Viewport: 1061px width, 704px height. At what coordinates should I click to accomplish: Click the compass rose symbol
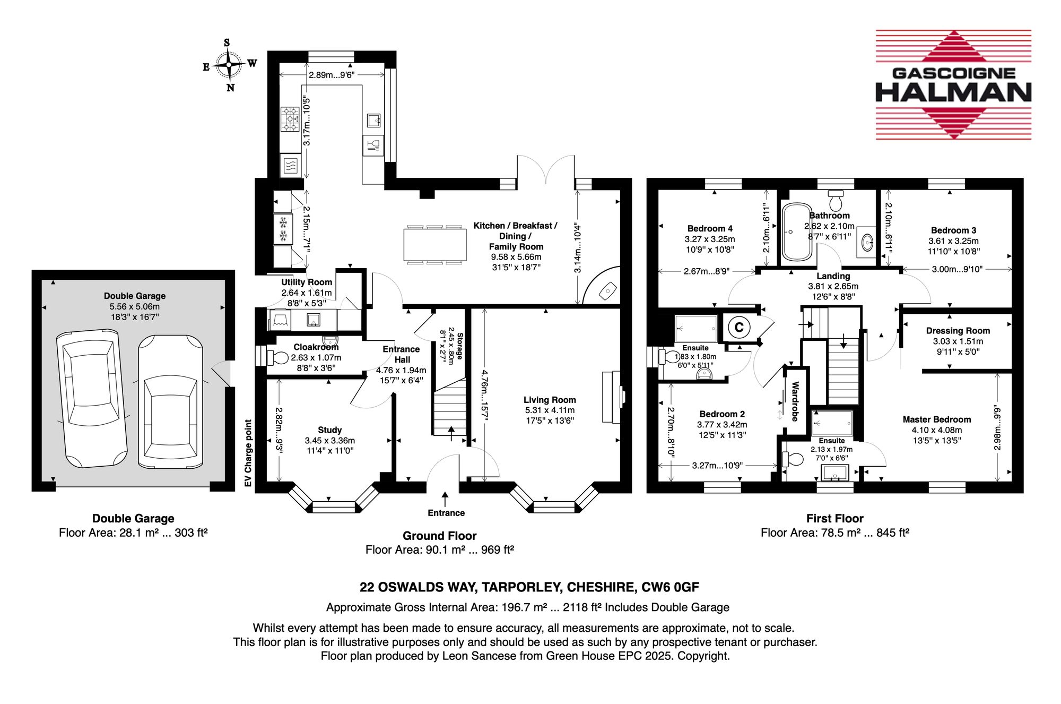(x=229, y=65)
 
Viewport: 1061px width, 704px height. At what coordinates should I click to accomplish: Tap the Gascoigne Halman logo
(x=953, y=85)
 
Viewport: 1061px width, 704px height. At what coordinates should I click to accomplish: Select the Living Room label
(x=550, y=400)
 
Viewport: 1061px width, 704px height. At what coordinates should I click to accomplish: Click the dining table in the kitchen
(x=435, y=244)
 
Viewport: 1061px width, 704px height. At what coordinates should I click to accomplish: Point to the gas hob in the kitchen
(x=290, y=119)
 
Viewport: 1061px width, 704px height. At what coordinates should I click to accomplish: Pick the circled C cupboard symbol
(x=739, y=328)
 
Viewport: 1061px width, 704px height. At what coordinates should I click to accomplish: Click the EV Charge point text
(x=248, y=453)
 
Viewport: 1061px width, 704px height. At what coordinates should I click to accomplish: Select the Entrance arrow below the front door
(x=445, y=499)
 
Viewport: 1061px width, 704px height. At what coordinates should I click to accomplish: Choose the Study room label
(x=329, y=430)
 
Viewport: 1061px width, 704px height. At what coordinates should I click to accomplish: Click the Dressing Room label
(x=958, y=331)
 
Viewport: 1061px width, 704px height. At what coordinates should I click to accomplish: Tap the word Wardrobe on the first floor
(x=795, y=401)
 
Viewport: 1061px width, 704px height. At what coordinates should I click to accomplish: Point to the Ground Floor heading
(x=439, y=536)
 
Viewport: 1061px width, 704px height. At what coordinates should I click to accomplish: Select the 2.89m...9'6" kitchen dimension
(x=332, y=75)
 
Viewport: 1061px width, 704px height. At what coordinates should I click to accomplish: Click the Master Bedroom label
(x=937, y=419)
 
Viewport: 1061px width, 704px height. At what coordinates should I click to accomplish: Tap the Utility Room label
(x=307, y=282)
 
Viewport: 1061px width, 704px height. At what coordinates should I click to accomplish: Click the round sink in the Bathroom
(x=868, y=243)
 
